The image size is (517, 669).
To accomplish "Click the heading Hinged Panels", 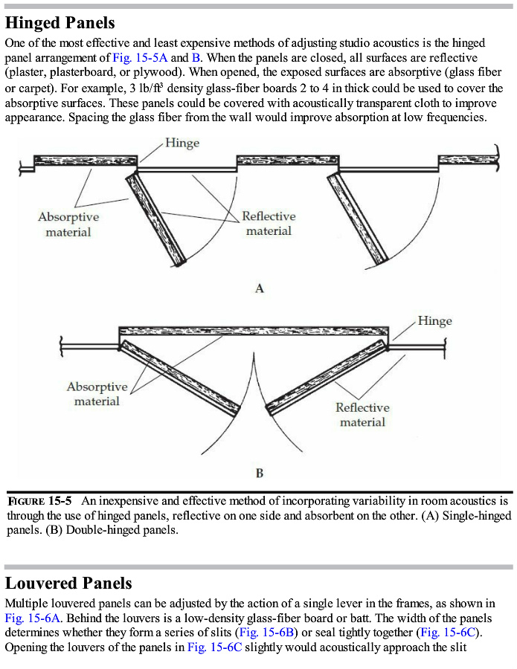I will (60, 24).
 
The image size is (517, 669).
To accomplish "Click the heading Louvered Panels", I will (68, 582).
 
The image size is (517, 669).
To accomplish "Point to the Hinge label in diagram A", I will (182, 143).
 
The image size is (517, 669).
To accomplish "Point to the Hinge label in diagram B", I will (434, 321).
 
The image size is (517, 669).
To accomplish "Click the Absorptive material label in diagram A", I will (68, 224).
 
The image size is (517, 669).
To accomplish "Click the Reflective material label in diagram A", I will (269, 224).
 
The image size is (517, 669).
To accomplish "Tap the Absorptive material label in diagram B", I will (97, 394).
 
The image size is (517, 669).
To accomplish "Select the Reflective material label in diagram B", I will (362, 415).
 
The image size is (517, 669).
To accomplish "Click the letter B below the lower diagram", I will (259, 473).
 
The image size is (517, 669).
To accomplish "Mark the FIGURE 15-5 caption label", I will (39, 501).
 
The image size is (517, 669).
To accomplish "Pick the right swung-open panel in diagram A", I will (359, 217).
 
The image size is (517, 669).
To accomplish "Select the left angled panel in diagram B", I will (181, 377).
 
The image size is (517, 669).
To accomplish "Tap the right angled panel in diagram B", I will (327, 378).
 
